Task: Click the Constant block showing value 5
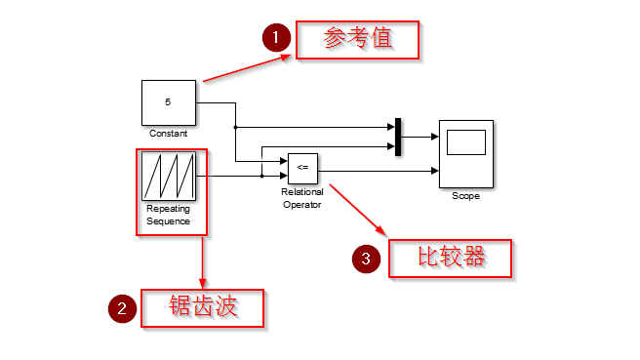(168, 101)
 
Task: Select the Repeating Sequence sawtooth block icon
(169, 177)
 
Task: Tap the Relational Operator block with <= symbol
(302, 168)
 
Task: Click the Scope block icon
(465, 153)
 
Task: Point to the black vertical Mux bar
(398, 137)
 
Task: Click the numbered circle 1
(276, 39)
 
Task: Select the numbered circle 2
(122, 309)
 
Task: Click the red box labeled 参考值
(357, 40)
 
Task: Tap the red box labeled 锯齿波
(203, 308)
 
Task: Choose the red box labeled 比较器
(451, 258)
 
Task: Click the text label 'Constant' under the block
(168, 133)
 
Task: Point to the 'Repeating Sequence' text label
(169, 215)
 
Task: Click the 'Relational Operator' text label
(302, 198)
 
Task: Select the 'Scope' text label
(465, 196)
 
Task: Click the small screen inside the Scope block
(465, 143)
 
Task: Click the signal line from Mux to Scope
(420, 137)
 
